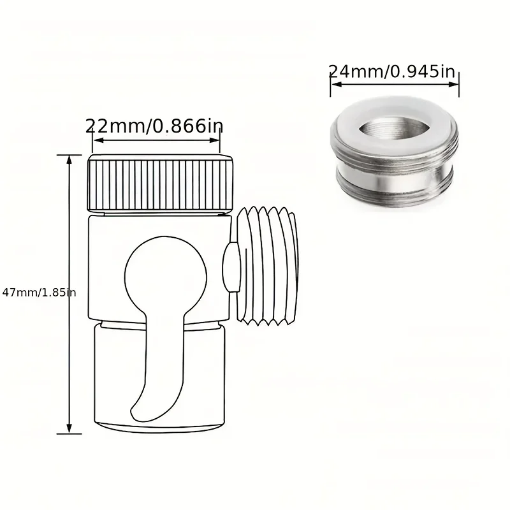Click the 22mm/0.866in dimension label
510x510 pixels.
pos(154,126)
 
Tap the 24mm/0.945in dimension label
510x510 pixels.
pos(392,71)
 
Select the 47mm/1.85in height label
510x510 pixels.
pos(39,293)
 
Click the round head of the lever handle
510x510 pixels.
pos(166,274)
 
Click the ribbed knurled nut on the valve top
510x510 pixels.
pos(161,183)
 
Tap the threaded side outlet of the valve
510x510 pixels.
pos(267,265)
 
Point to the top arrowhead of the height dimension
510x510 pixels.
pos(69,160)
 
